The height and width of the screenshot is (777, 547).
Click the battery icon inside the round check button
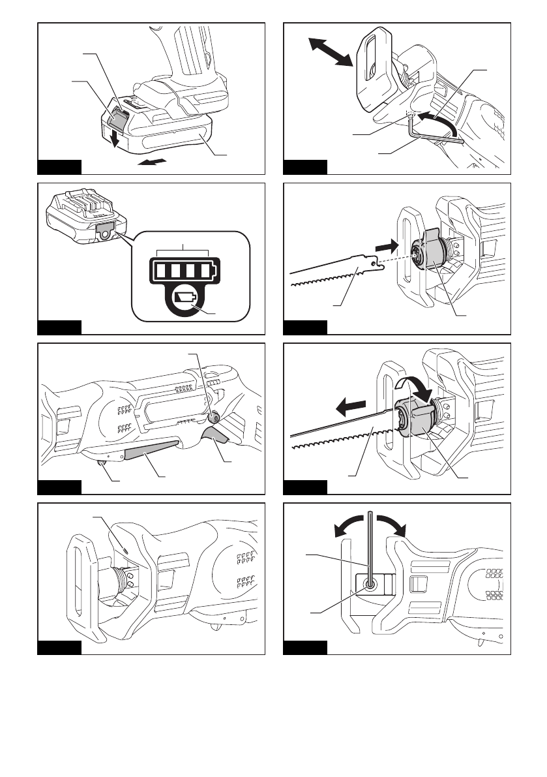pyautogui.click(x=186, y=299)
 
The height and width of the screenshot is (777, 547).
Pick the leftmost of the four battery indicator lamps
pyautogui.click(x=160, y=269)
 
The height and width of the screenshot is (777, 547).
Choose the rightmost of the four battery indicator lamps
pyautogui.click(x=205, y=269)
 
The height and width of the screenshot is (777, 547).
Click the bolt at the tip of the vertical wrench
pyautogui.click(x=370, y=585)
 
